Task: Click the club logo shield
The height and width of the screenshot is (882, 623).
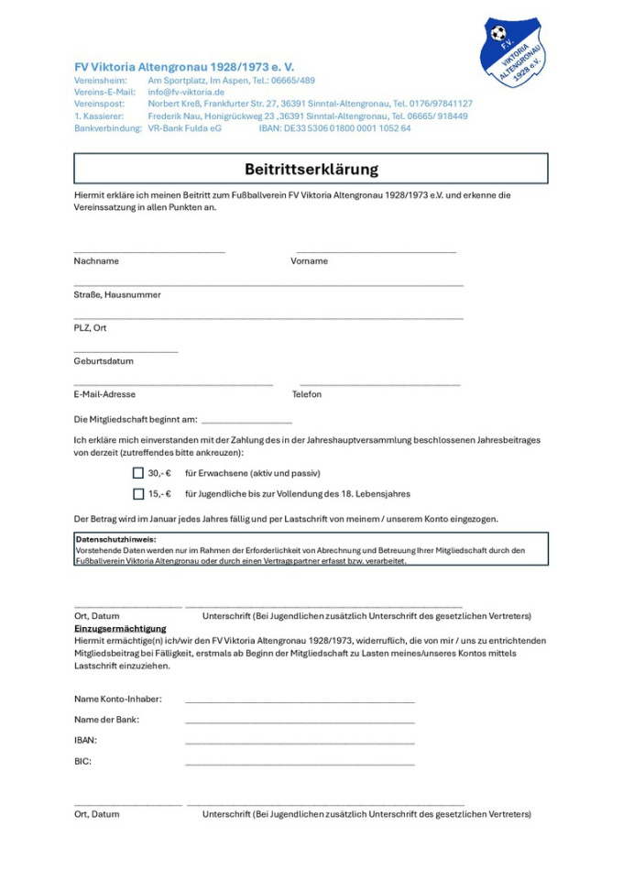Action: tap(513, 50)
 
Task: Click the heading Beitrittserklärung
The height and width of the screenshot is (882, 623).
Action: tap(311, 170)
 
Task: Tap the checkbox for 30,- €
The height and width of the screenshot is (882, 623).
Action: tap(138, 473)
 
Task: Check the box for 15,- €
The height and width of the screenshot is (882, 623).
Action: tap(138, 493)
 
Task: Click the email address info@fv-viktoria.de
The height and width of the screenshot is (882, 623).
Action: tap(186, 93)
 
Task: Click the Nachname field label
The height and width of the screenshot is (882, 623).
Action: tap(96, 261)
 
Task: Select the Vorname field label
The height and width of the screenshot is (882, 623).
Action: tap(309, 261)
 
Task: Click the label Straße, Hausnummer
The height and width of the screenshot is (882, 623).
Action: tap(117, 295)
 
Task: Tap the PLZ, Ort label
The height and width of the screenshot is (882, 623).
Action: tap(91, 327)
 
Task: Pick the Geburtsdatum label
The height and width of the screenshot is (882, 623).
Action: tap(104, 361)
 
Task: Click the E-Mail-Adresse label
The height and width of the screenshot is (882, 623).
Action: tap(104, 394)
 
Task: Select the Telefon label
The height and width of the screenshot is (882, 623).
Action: tap(307, 394)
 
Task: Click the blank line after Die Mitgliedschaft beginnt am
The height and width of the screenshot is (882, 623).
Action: tap(246, 421)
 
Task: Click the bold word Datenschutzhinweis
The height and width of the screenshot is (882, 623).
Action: tap(115, 540)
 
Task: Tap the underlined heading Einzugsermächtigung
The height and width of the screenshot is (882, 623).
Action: tap(120, 628)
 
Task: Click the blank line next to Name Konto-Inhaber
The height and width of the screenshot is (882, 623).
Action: tap(300, 701)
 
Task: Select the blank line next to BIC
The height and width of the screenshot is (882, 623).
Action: tap(300, 763)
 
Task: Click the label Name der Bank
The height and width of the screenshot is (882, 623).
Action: tap(106, 720)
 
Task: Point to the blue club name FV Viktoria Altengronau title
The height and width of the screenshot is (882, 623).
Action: tap(184, 67)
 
